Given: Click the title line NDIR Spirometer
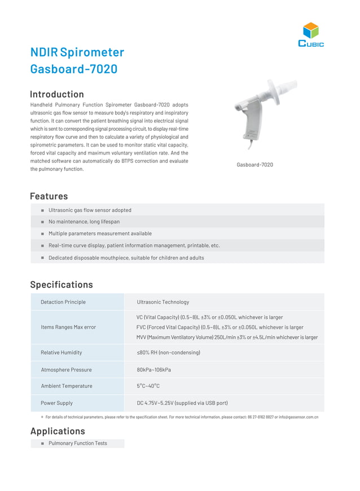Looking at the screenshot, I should [77, 52].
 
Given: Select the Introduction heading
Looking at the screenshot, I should [57, 94].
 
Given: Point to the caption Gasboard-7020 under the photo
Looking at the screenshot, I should [254, 165].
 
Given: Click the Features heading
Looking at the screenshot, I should [49, 196].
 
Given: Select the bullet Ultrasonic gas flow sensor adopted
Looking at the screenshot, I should [90, 210].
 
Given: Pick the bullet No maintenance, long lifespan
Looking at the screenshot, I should [84, 222].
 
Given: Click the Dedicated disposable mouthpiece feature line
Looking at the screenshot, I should [126, 258].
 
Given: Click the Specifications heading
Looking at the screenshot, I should [61, 285].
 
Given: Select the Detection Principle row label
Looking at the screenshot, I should [63, 302].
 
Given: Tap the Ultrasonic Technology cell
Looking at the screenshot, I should [163, 302].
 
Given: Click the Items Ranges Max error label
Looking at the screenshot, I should [68, 327].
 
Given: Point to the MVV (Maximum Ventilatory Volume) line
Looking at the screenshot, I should [227, 337].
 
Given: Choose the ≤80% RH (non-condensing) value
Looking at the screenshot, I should [168, 352].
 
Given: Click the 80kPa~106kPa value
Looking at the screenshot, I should [153, 370].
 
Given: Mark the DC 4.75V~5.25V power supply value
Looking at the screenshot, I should [182, 403].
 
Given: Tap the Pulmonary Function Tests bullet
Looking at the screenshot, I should [77, 443].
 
